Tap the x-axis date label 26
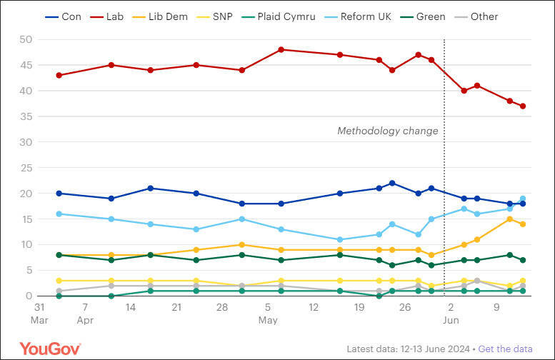click(405, 307)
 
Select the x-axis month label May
click(269, 320)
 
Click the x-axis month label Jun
click(451, 320)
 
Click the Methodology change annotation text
click(387, 131)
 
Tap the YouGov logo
click(50, 349)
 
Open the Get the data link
click(506, 349)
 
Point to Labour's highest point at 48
click(281, 49)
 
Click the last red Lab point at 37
click(523, 106)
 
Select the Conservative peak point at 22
click(392, 183)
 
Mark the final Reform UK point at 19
click(523, 199)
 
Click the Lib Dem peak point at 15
click(509, 219)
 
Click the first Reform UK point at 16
click(59, 214)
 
